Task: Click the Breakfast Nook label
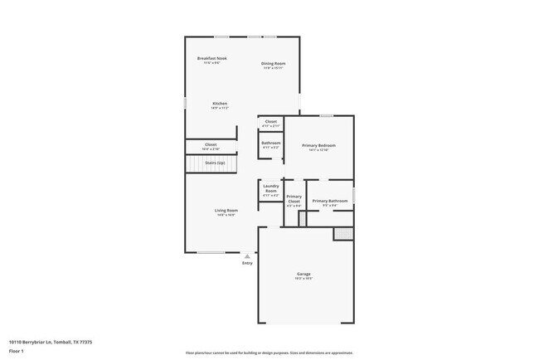tap(211, 58)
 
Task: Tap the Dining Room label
tap(274, 64)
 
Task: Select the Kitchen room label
tap(219, 104)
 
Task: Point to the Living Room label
tap(226, 211)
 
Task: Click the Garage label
tap(304, 274)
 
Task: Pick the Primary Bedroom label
tap(318, 145)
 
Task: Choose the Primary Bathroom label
tap(330, 201)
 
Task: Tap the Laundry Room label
tap(271, 187)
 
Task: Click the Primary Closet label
tap(294, 199)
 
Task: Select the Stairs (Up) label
tap(215, 163)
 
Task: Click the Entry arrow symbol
tap(247, 256)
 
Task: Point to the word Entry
tap(247, 264)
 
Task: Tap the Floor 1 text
tap(16, 351)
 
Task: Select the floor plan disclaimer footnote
tap(269, 352)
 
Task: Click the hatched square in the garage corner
tap(343, 234)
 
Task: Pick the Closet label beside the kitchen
tap(211, 144)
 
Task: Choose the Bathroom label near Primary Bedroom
tap(271, 143)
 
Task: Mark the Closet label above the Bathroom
tap(271, 122)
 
